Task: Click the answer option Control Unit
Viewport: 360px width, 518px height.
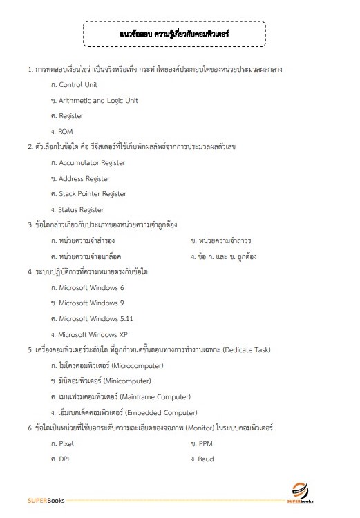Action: coord(78,85)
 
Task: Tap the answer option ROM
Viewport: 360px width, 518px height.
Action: coord(66,132)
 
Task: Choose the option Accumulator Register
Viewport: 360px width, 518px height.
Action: coord(92,163)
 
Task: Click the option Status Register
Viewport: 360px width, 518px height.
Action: coord(81,210)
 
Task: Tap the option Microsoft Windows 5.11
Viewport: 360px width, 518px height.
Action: coord(96,319)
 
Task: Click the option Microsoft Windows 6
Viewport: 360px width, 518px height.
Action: coord(92,287)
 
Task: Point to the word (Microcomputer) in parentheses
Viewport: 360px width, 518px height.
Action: coord(135,365)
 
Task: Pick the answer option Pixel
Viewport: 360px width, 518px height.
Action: coord(66,444)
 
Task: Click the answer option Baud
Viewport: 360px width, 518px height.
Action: coord(206,459)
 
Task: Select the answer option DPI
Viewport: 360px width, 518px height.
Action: coord(65,459)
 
